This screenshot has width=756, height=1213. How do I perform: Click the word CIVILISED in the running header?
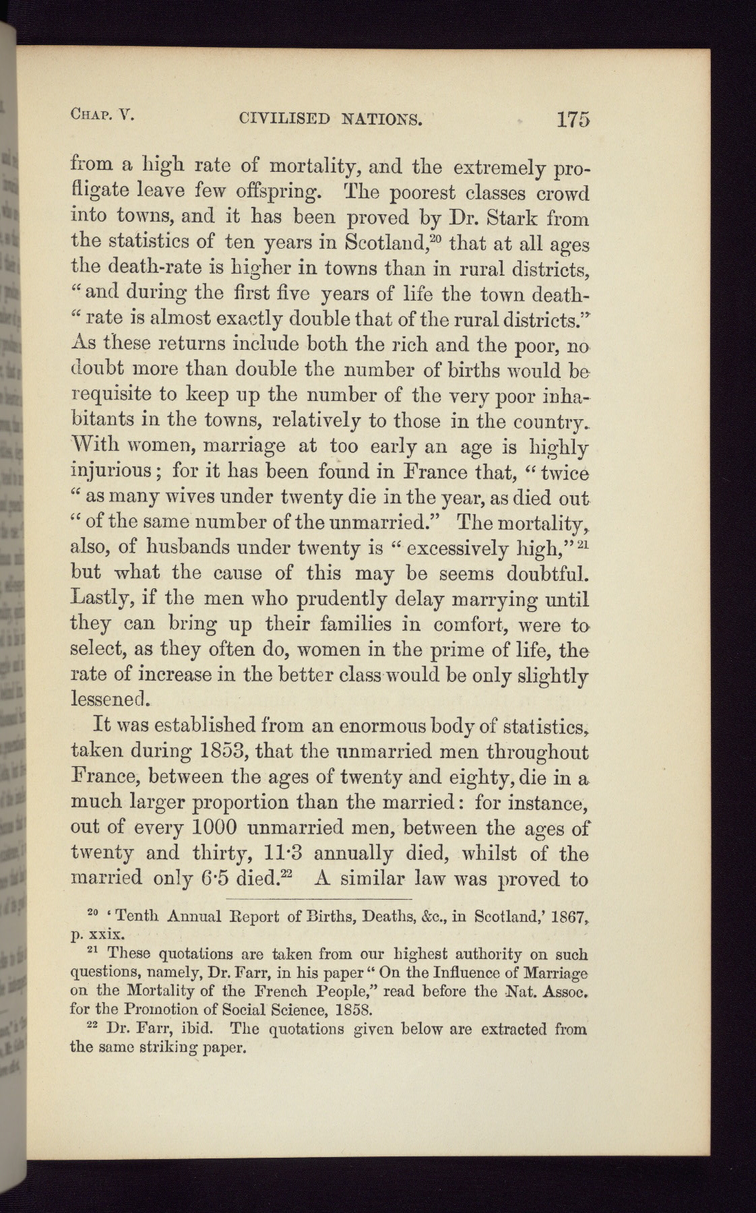pos(276,120)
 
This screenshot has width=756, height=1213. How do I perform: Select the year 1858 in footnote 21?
pos(346,1009)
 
